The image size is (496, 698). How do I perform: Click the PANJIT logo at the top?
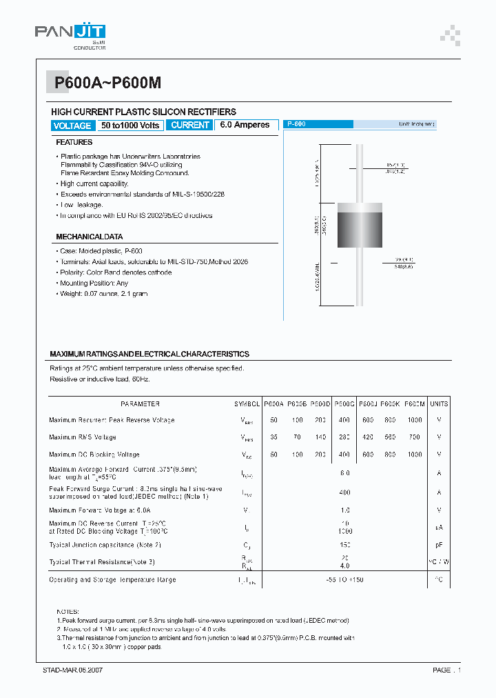point(70,33)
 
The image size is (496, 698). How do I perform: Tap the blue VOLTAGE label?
point(72,126)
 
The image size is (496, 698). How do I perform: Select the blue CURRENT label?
point(189,125)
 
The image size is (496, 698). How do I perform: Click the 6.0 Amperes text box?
point(245,125)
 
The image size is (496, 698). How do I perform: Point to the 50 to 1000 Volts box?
point(130,126)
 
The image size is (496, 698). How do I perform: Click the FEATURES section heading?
point(74,142)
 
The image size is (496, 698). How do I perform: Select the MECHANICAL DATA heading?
point(90,237)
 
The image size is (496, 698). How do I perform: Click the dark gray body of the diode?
point(360,231)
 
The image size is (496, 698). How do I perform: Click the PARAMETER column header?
point(141,404)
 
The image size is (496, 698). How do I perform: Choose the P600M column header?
point(415,404)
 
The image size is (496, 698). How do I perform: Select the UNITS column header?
point(439,404)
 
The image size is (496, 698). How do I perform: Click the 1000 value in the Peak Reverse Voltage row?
point(415,420)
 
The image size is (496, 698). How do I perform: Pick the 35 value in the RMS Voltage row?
point(273,437)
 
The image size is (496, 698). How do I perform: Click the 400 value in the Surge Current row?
point(344,492)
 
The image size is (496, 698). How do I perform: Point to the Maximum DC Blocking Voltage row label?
point(94,455)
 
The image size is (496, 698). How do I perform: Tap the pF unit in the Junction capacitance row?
point(439,545)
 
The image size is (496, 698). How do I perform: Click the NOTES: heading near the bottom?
point(68,612)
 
